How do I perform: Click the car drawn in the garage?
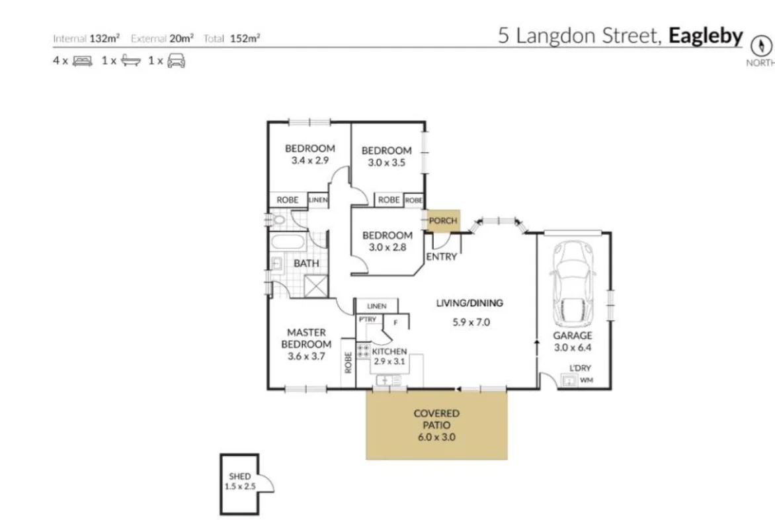574,285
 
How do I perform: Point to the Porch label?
442,221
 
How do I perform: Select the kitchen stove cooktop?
363,351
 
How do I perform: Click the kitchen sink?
388,380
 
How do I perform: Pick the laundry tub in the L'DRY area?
567,380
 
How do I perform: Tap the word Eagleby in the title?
706,36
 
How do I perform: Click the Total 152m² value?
245,38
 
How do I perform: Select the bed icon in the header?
83,61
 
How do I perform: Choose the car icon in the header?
176,61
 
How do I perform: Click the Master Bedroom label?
306,338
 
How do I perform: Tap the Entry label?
441,257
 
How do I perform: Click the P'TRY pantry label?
367,320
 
